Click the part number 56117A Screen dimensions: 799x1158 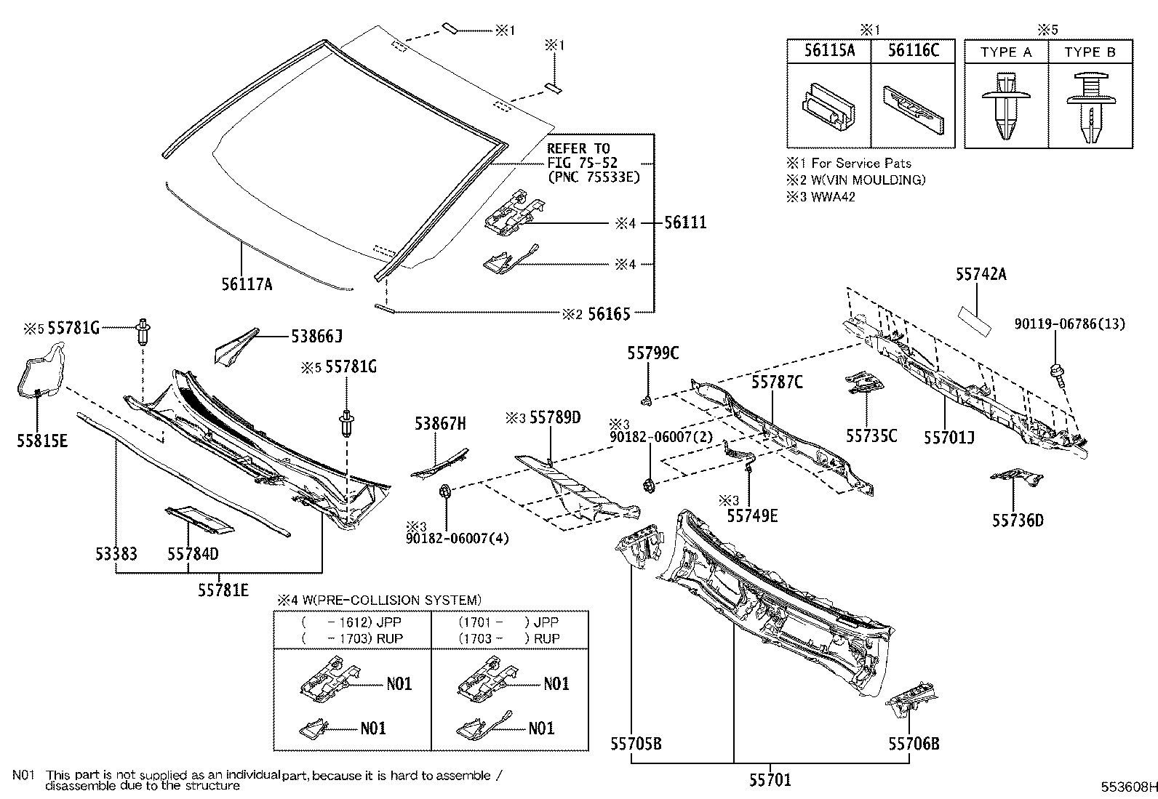pyautogui.click(x=247, y=284)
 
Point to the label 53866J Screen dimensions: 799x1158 pyautogui.click(x=316, y=336)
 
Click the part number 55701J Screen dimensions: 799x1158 pyautogui.click(x=949, y=437)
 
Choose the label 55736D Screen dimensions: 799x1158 pyautogui.click(x=1018, y=520)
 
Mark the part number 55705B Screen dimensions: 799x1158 pyautogui.click(x=636, y=743)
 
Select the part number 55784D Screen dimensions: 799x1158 pyautogui.click(x=193, y=554)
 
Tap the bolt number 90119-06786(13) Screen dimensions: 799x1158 pyautogui.click(x=1069, y=324)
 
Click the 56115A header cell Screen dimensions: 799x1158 pyautogui.click(x=829, y=50)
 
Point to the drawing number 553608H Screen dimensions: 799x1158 pyautogui.click(x=1127, y=787)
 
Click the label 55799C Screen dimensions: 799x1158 pyautogui.click(x=653, y=353)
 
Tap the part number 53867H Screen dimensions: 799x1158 pyautogui.click(x=440, y=423)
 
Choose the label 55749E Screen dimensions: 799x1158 pyautogui.click(x=752, y=515)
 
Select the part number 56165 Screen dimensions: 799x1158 pyautogui.click(x=609, y=314)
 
